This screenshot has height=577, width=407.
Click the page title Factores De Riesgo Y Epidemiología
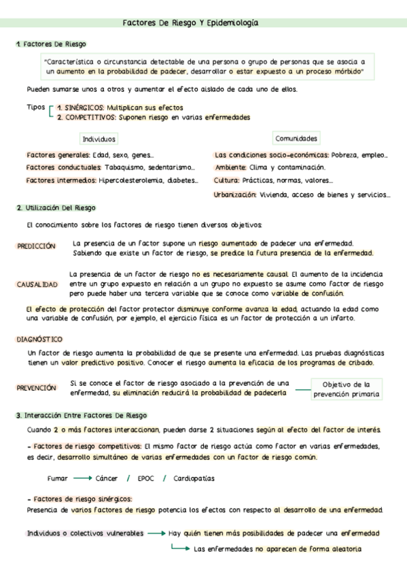click(x=190, y=22)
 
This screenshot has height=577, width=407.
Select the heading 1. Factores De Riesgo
click(x=51, y=44)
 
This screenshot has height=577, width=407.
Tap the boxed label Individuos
click(x=99, y=139)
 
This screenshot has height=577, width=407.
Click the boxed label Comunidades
click(x=296, y=138)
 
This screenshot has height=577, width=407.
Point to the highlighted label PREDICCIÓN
click(x=36, y=247)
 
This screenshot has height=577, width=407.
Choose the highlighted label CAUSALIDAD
click(x=37, y=284)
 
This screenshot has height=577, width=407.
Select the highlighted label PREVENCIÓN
click(x=37, y=387)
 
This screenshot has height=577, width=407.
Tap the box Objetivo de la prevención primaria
click(x=346, y=389)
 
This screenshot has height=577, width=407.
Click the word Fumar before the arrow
click(x=57, y=478)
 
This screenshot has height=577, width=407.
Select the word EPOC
click(x=145, y=478)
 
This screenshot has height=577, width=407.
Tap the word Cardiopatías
click(x=194, y=478)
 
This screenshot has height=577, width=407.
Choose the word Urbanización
click(x=234, y=195)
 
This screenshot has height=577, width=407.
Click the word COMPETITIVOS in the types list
click(x=88, y=117)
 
